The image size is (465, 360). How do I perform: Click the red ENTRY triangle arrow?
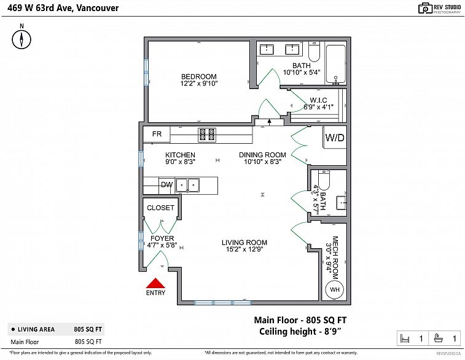(x=155, y=283)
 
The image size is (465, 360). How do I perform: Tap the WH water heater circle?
(x=335, y=289)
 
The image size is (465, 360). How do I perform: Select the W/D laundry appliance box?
(x=335, y=137)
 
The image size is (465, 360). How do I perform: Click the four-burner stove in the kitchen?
(x=207, y=135)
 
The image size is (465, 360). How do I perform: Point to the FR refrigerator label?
(x=157, y=134)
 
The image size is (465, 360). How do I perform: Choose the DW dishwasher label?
(x=166, y=185)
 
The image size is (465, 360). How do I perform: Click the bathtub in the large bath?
(x=336, y=64)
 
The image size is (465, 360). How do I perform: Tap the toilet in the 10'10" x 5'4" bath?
(x=314, y=52)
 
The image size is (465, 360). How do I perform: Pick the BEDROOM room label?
(x=199, y=77)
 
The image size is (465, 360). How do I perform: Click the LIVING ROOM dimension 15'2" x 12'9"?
(x=244, y=249)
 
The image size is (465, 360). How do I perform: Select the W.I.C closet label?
(x=319, y=100)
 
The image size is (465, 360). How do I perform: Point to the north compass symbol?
(x=21, y=39)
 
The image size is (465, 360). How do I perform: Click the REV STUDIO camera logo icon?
(x=425, y=9)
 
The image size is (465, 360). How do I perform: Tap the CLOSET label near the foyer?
(x=160, y=208)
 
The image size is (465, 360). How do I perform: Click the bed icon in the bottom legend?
(x=405, y=338)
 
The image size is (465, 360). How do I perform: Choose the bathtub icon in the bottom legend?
(x=438, y=338)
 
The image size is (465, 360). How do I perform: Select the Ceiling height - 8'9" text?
(x=300, y=331)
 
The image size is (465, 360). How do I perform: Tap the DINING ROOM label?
(x=262, y=155)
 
